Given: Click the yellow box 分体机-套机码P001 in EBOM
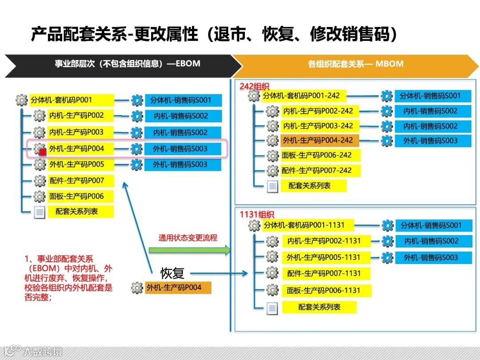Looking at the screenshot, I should (72, 100).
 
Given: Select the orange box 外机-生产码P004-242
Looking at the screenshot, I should (320, 140).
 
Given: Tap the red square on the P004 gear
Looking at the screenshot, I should (43, 152).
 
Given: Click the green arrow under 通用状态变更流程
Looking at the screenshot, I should (189, 250).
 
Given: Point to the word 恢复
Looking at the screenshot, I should (172, 273).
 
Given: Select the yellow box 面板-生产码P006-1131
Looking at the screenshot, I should (326, 290).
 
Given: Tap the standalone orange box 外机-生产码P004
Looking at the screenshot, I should (178, 288).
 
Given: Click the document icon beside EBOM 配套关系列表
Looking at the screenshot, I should (40, 212).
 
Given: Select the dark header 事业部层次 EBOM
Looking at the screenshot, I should (124, 64).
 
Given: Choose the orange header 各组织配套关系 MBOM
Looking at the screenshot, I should (356, 64).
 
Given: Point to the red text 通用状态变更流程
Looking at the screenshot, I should (188, 238).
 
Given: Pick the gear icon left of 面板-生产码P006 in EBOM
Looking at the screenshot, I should (40, 196).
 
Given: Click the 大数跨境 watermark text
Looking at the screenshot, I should (43, 352).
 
